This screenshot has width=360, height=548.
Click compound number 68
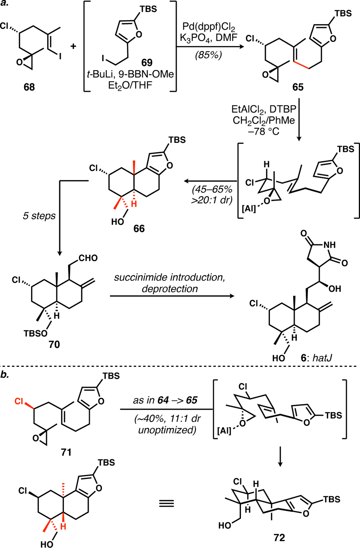[29, 87]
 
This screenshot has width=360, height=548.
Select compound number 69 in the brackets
[147, 62]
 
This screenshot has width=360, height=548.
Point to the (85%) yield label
[209, 55]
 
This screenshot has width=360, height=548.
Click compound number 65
[298, 87]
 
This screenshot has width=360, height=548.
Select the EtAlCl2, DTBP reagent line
[264, 109]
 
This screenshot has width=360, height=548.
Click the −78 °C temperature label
[264, 132]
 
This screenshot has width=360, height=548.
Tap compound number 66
[139, 228]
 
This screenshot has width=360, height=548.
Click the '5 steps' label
[39, 216]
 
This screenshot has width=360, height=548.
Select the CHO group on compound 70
[88, 258]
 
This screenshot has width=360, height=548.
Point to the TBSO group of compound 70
[36, 333]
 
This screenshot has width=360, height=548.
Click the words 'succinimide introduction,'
[170, 277]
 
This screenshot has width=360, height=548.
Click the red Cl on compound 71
[19, 401]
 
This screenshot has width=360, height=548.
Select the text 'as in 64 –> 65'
[165, 400]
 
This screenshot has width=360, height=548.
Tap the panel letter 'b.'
[5, 374]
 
